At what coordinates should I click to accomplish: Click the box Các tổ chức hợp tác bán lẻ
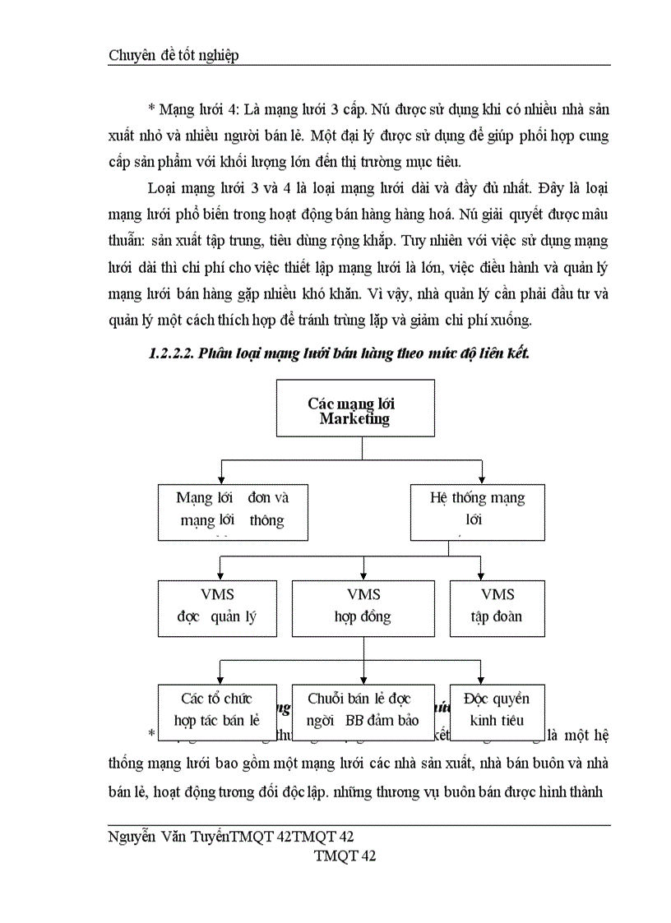click(216, 708)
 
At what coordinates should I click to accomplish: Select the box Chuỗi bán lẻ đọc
click(363, 708)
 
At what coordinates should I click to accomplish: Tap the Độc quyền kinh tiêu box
click(497, 708)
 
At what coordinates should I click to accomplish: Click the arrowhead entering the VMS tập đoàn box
click(481, 575)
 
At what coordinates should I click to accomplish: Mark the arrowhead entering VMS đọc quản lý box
click(220, 575)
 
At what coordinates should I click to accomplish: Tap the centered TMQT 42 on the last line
click(345, 856)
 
